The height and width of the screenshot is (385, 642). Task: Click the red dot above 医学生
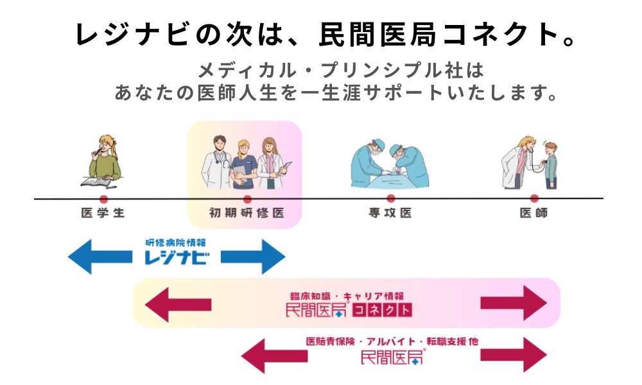click(x=103, y=199)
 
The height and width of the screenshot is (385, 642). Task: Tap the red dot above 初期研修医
click(x=247, y=199)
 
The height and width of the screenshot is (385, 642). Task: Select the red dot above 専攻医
click(x=390, y=199)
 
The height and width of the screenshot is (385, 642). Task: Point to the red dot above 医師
click(x=534, y=199)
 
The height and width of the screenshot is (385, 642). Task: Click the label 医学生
click(x=103, y=214)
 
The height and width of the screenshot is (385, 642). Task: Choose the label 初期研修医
click(x=247, y=214)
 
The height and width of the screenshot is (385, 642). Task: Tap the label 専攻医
click(x=390, y=214)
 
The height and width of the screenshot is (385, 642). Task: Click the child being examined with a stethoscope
click(x=550, y=165)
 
